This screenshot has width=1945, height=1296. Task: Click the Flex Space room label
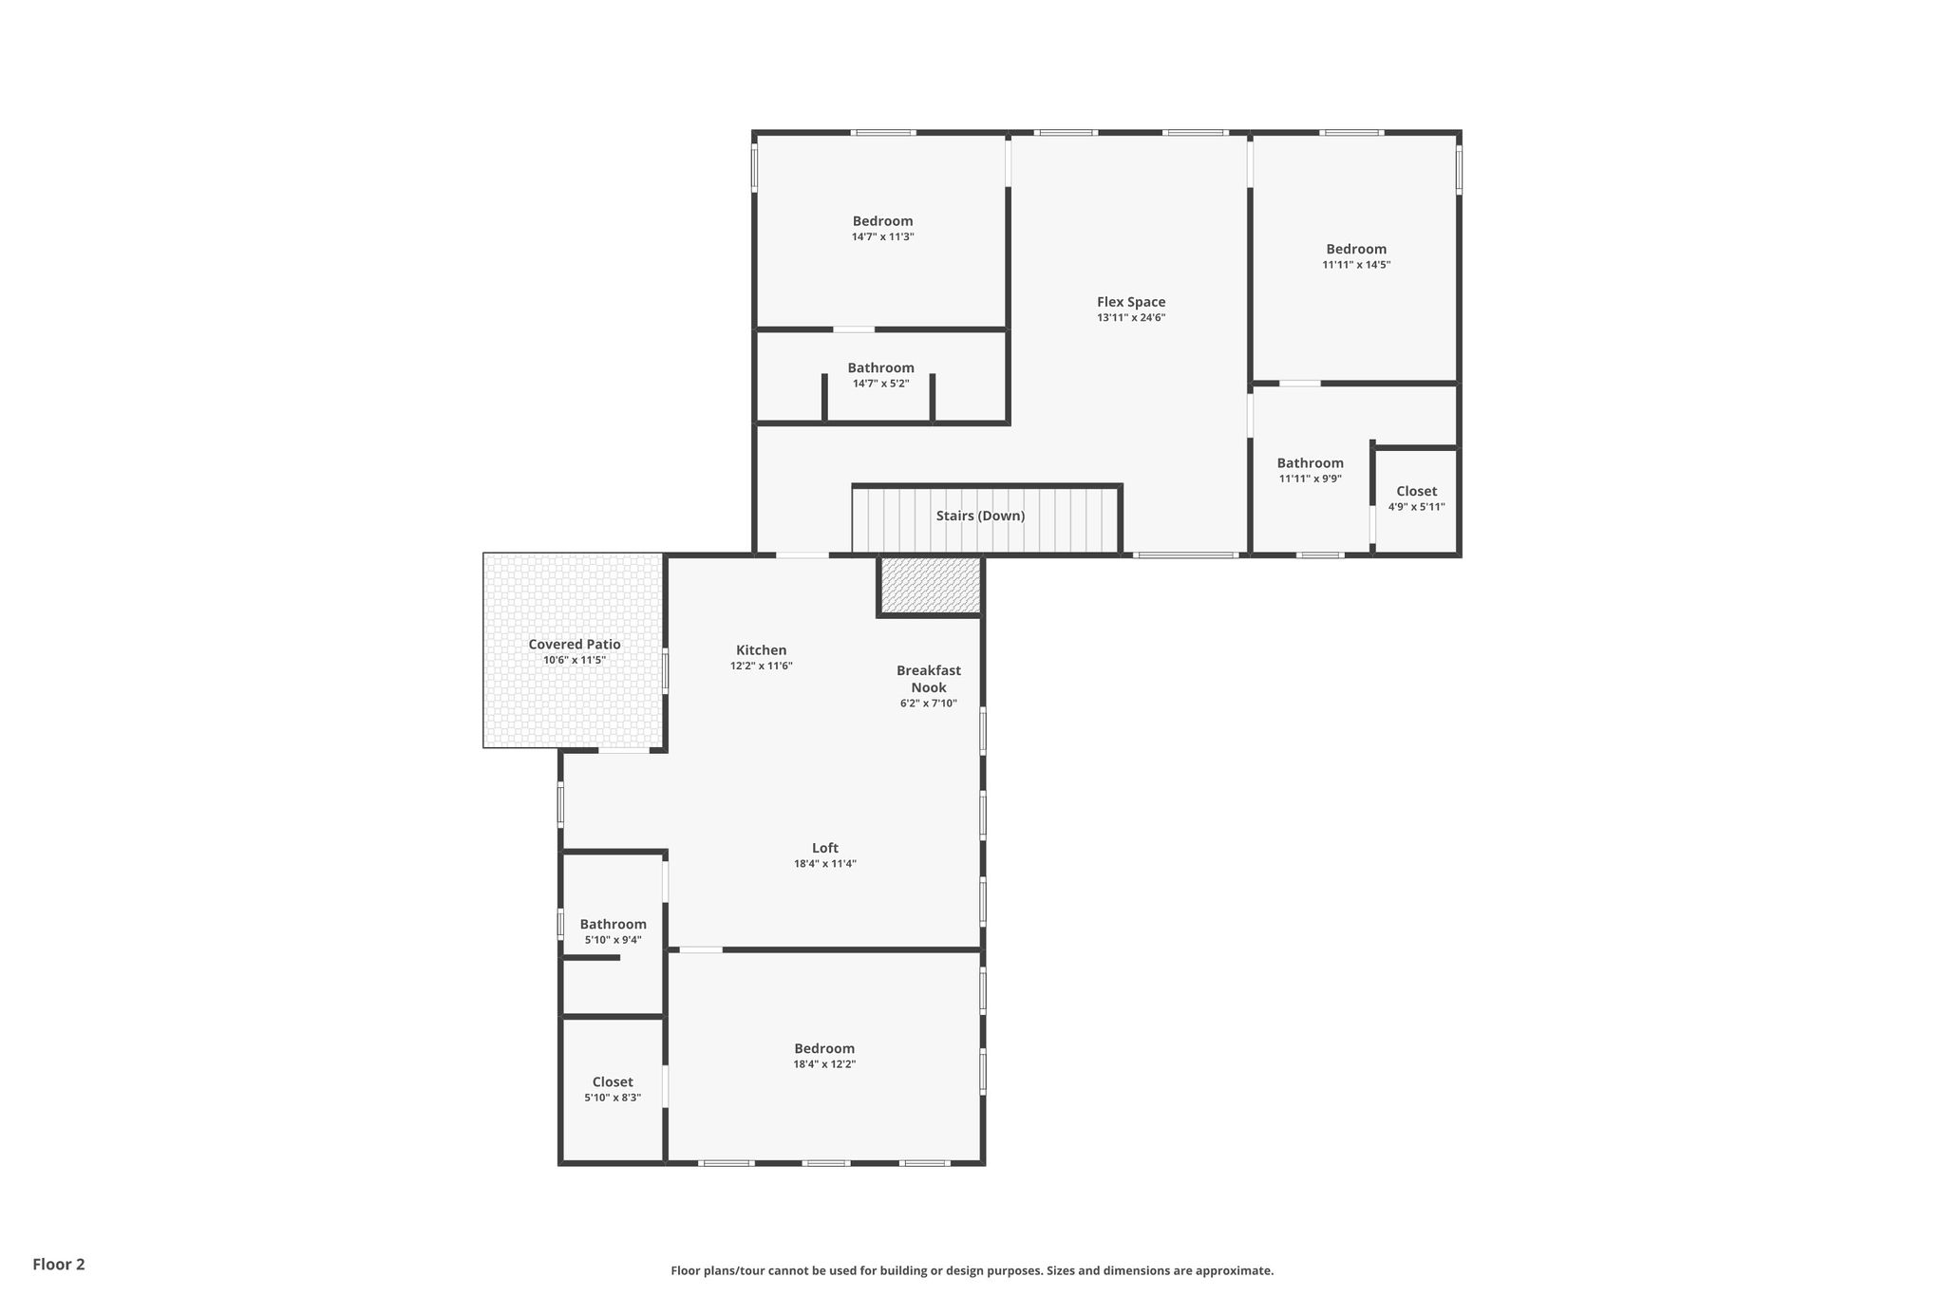click(x=1131, y=302)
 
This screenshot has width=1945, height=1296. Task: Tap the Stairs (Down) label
click(x=980, y=516)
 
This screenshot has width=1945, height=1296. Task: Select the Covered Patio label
click(x=575, y=645)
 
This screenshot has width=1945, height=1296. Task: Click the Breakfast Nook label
click(x=929, y=679)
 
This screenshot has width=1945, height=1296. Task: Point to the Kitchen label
click(x=762, y=650)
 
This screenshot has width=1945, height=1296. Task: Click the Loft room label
click(x=825, y=848)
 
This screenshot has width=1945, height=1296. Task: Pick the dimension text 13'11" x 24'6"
click(x=1131, y=318)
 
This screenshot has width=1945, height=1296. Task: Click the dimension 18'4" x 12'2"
click(x=825, y=1064)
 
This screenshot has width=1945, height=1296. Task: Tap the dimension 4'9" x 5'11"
click(x=1417, y=507)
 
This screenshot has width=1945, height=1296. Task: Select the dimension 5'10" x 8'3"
click(x=613, y=1098)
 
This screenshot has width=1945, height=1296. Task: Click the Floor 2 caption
click(x=59, y=1265)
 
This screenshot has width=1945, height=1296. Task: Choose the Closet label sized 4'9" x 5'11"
click(x=1417, y=491)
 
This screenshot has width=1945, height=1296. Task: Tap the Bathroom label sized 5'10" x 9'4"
click(x=614, y=924)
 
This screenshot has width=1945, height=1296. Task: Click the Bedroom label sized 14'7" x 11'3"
click(x=883, y=221)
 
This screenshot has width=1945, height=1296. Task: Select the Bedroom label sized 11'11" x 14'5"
click(x=1356, y=249)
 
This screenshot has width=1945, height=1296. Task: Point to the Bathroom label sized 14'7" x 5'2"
click(x=881, y=367)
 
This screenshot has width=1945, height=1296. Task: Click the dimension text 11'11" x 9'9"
click(x=1311, y=479)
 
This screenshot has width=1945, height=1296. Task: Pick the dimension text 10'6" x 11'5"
click(x=575, y=660)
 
